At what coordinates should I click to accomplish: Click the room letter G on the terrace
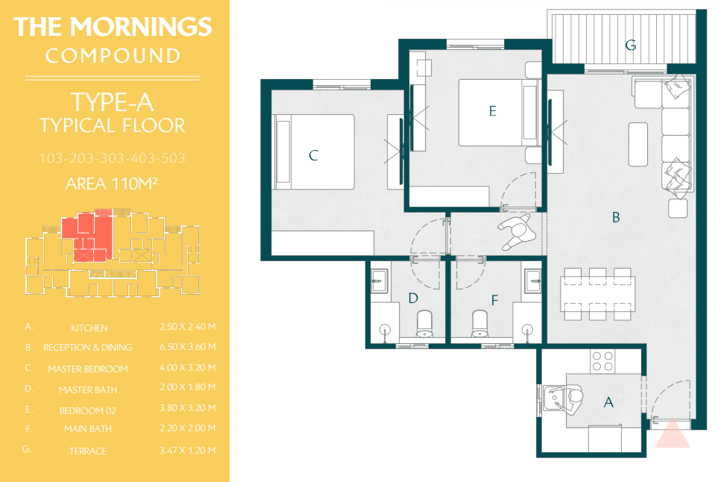coord(631,45)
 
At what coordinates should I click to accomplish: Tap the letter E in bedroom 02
coord(492,111)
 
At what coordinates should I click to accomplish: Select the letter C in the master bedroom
coord(314,155)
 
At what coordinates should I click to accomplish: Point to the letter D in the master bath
coord(413,298)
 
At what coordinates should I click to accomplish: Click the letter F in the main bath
coord(495,301)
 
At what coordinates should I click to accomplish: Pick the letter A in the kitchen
coord(608,402)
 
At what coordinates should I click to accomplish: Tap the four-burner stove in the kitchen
coord(603,361)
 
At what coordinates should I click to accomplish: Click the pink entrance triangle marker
coord(673,433)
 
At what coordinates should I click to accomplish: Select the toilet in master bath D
coord(424,324)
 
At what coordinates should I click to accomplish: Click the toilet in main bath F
coord(479,324)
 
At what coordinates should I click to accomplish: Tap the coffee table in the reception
coord(637,144)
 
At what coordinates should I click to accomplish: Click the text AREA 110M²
coord(112,184)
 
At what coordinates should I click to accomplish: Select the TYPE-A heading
coord(112,102)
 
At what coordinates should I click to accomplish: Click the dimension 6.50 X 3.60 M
coord(188,347)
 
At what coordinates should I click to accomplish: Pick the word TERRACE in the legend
coord(88,451)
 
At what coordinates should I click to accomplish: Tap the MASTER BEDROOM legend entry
coord(88,369)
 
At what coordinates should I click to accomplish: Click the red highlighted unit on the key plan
coord(87,236)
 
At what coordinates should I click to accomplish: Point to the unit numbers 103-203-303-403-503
coord(112,158)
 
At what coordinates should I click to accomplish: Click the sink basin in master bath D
coord(379,281)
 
